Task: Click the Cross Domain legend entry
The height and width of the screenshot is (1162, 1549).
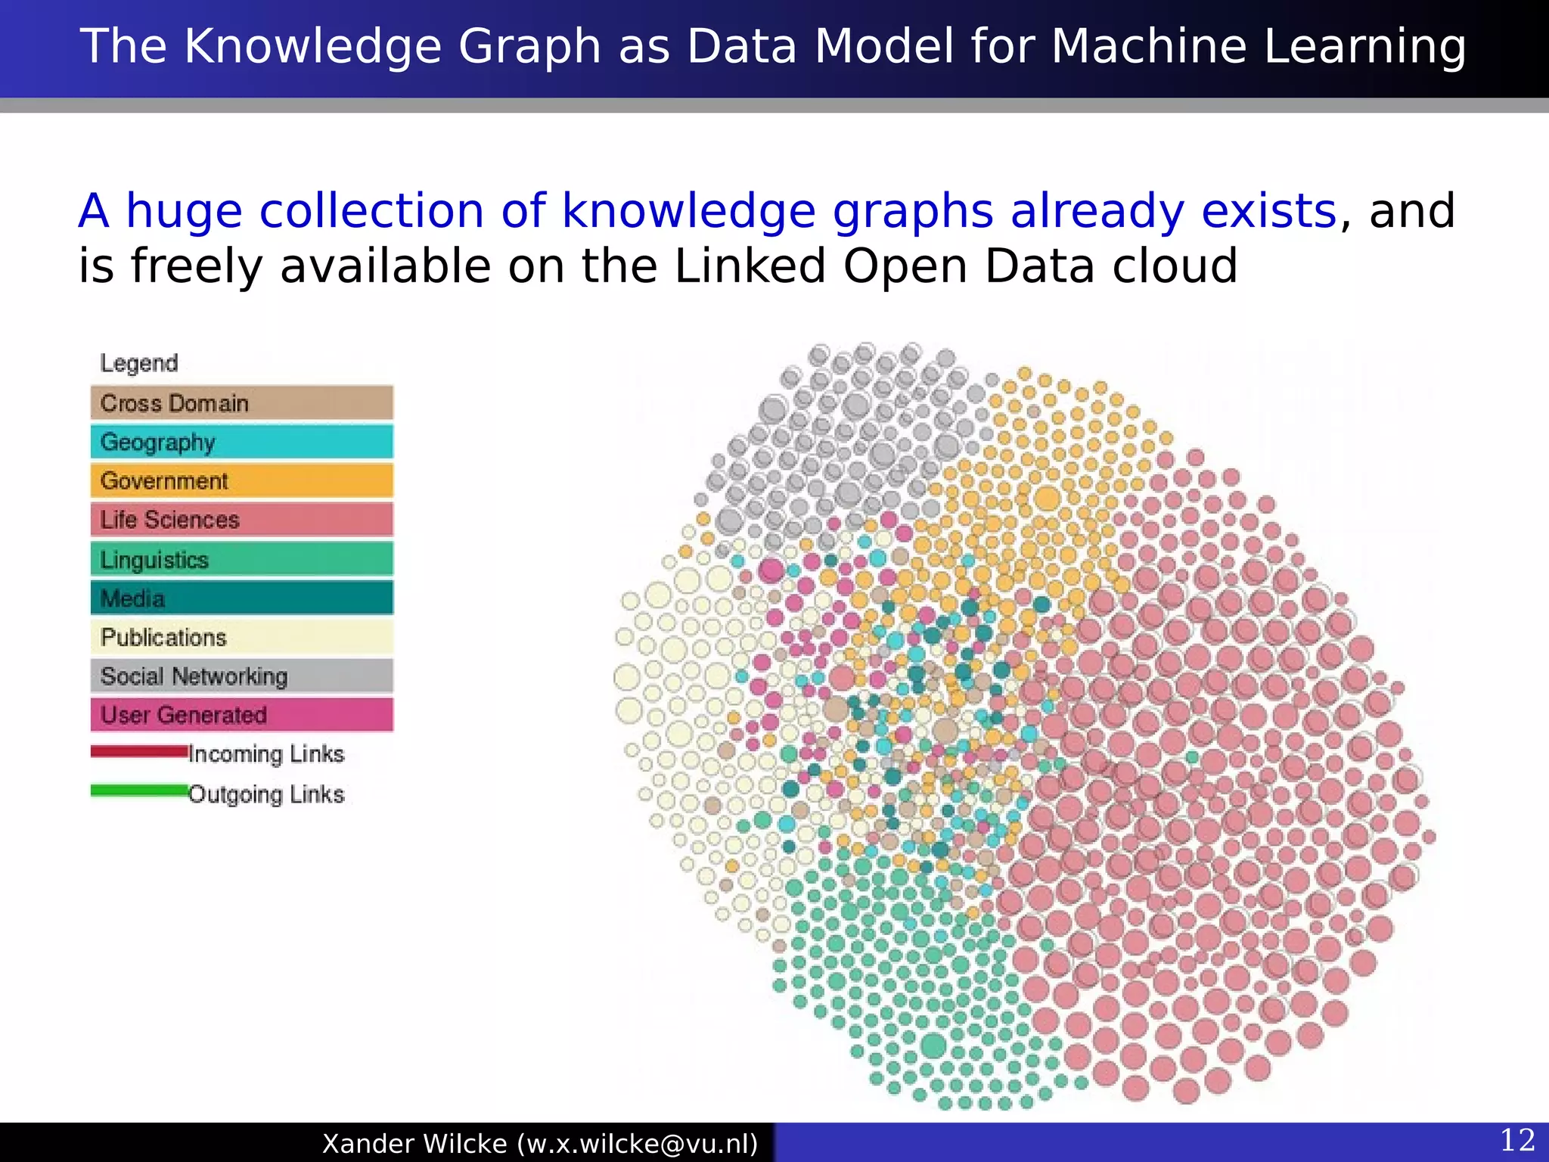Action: (x=241, y=402)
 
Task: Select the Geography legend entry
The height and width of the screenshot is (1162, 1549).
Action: (x=241, y=442)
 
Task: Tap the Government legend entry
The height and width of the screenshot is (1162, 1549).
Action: (x=241, y=481)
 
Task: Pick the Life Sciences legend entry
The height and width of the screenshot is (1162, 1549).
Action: (x=241, y=520)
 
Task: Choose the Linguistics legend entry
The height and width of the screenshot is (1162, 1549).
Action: (x=241, y=559)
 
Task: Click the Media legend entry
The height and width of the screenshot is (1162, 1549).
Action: (x=241, y=598)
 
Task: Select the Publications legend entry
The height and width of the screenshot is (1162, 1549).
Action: (x=241, y=637)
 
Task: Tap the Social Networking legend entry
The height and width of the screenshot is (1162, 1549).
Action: (x=241, y=676)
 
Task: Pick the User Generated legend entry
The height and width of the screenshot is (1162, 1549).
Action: (x=241, y=715)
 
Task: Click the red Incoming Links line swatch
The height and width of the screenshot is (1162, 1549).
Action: (x=139, y=752)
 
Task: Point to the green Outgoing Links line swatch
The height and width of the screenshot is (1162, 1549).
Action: (x=139, y=791)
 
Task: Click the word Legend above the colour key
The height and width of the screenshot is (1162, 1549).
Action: (x=139, y=363)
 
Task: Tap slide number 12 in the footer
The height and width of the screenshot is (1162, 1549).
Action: (x=1517, y=1141)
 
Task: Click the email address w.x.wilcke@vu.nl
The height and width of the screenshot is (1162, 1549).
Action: (x=638, y=1143)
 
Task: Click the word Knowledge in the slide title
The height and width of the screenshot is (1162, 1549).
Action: (x=315, y=47)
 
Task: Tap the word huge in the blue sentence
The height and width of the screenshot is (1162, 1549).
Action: (x=184, y=212)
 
